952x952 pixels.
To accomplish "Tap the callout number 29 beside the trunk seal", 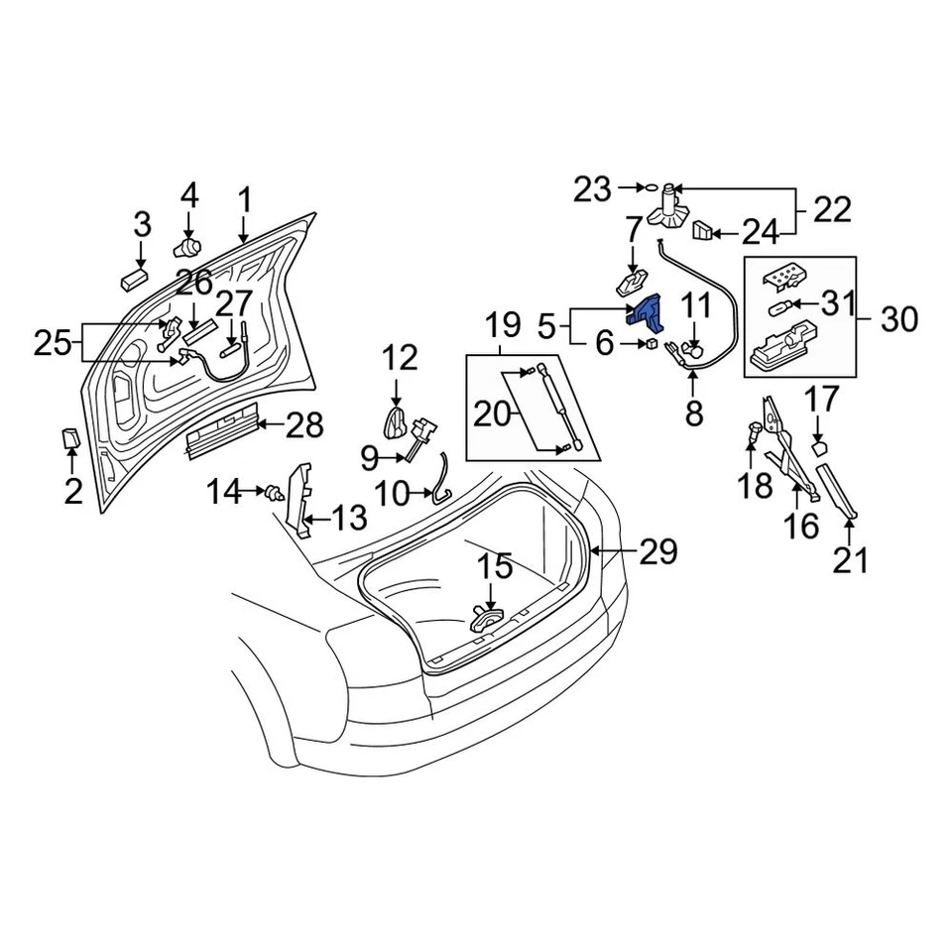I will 658,551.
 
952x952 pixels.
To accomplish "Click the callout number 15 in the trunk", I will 496,567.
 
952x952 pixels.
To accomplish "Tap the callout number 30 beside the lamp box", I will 898,319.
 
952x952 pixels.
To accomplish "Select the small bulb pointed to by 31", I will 782,307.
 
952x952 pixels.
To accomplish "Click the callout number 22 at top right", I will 832,209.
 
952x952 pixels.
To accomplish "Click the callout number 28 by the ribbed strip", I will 304,426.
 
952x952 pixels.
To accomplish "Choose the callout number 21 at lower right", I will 850,560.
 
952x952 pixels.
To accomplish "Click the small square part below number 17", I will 818,448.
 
